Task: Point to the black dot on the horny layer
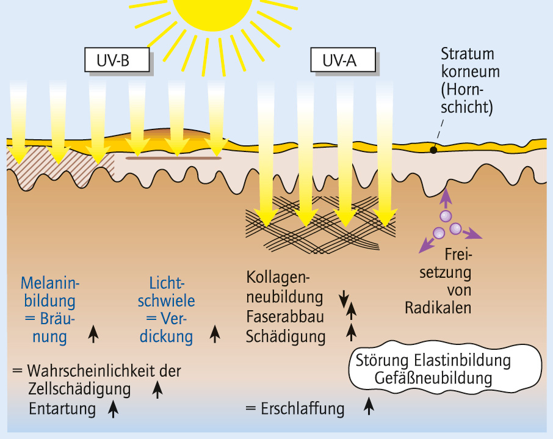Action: click(433, 149)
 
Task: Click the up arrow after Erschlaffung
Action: click(369, 405)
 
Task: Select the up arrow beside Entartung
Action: click(113, 407)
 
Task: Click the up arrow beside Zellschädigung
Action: click(157, 389)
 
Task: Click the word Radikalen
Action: click(438, 307)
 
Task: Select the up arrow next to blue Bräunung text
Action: click(93, 333)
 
